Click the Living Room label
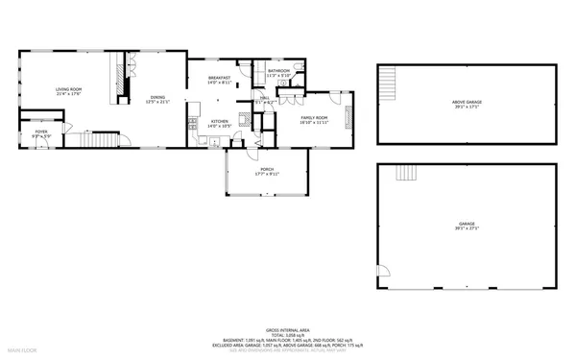pyautogui.click(x=67, y=91)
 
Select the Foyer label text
pyautogui.click(x=41, y=132)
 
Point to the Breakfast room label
pyautogui.click(x=220, y=80)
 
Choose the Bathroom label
pyautogui.click(x=279, y=72)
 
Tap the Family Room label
pyautogui.click(x=315, y=119)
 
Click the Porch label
pyautogui.click(x=266, y=172)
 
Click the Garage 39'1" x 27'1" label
pyautogui.click(x=467, y=226)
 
